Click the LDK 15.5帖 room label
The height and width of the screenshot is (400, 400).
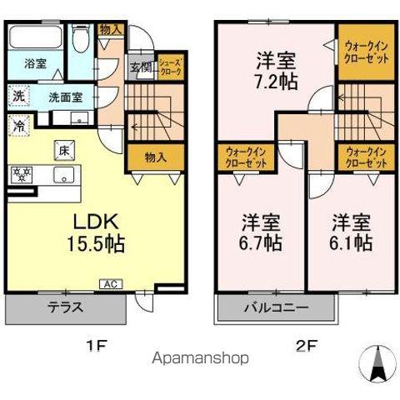coord(97,233)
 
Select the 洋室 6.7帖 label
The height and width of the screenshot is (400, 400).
coord(261,233)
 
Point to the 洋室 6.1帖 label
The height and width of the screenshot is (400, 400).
coord(350,233)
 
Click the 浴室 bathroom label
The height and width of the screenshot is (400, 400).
coord(34,63)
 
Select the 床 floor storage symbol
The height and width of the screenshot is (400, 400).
coord(62,151)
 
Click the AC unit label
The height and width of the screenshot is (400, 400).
coord(110,283)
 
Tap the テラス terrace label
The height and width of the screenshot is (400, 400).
coord(66,306)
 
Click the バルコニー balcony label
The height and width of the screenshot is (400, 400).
coord(276,307)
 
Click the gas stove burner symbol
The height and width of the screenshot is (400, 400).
coord(21,174)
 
